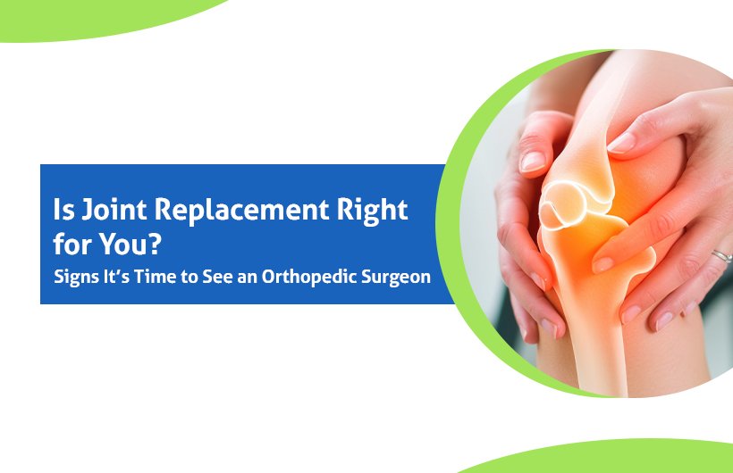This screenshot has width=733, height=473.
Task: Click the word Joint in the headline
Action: point(114,210)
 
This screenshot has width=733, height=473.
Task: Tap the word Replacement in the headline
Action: point(241,210)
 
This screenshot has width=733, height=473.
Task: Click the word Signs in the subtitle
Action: point(70,277)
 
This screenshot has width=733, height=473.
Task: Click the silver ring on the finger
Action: point(721,256)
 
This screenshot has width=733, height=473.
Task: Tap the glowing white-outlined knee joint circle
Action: point(561,206)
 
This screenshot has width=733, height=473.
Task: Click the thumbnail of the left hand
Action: point(533,161)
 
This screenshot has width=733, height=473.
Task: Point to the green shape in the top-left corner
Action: point(94,16)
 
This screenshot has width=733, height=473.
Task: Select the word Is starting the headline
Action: point(63,210)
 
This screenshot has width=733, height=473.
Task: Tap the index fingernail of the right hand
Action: point(622,143)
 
